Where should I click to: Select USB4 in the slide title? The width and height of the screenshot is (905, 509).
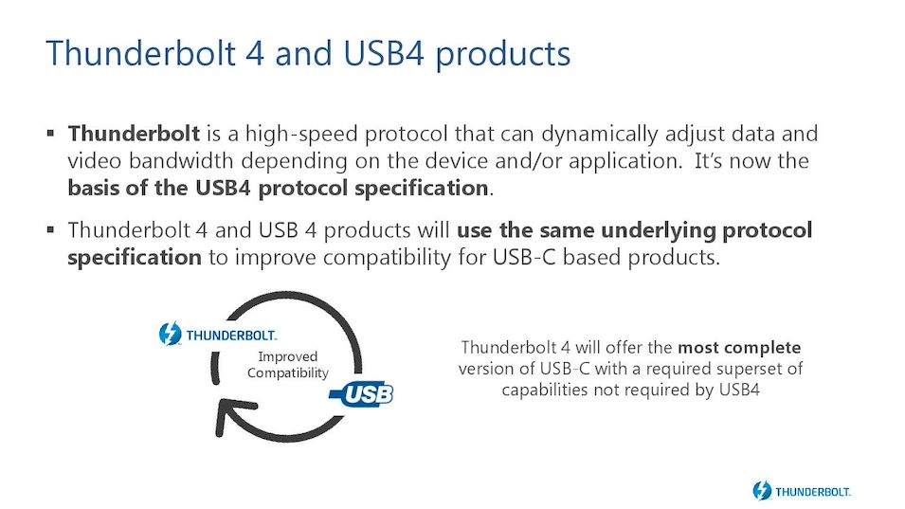tap(384, 53)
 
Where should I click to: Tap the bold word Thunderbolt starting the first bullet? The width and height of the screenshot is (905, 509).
tap(134, 134)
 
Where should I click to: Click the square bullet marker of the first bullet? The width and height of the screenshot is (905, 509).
tap(51, 134)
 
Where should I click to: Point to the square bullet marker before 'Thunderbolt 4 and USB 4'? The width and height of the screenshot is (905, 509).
tap(51, 230)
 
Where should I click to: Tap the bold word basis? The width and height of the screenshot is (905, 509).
tap(94, 188)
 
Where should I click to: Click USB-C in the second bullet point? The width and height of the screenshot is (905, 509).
tap(524, 257)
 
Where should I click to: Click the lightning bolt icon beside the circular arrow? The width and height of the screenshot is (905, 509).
tap(171, 334)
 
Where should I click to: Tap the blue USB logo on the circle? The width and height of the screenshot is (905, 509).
tap(362, 394)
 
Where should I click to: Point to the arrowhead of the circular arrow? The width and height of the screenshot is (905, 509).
tap(231, 412)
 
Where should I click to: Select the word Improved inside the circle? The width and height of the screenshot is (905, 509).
tap(287, 357)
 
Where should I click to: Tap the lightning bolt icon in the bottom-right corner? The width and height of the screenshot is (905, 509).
tap(762, 491)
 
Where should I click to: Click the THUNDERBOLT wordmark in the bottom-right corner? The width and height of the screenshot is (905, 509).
tap(813, 492)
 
